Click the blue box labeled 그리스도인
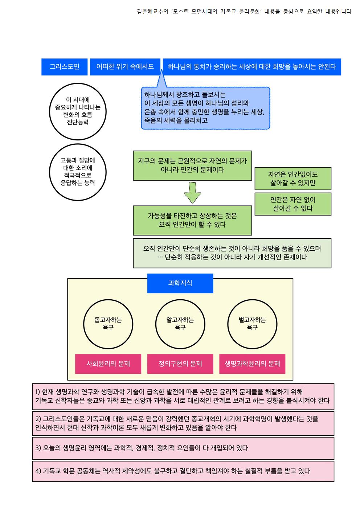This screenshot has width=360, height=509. click(x=64, y=67)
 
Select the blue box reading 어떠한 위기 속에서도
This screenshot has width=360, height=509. click(x=125, y=67)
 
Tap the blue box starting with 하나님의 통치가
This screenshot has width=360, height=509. click(x=252, y=67)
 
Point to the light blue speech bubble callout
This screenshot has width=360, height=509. click(x=205, y=108)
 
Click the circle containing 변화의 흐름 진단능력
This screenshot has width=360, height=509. click(x=78, y=111)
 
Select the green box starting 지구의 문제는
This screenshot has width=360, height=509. click(x=192, y=165)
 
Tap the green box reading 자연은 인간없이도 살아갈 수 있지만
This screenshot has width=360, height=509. click(x=293, y=178)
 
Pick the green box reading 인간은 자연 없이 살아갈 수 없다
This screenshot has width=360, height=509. click(x=293, y=204)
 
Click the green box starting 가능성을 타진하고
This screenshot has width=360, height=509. click(x=192, y=220)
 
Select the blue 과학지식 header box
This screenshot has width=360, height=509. click(x=180, y=283)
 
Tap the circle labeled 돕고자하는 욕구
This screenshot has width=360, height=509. click(x=108, y=324)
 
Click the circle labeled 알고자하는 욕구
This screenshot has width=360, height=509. click(x=180, y=324)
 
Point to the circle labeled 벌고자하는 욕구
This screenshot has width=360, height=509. click(x=252, y=324)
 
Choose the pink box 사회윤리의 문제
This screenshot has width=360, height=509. click(x=108, y=364)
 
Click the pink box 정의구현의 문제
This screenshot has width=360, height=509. click(x=180, y=364)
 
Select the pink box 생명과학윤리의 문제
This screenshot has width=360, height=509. click(x=252, y=364)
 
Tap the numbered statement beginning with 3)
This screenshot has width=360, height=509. click(x=183, y=448)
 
